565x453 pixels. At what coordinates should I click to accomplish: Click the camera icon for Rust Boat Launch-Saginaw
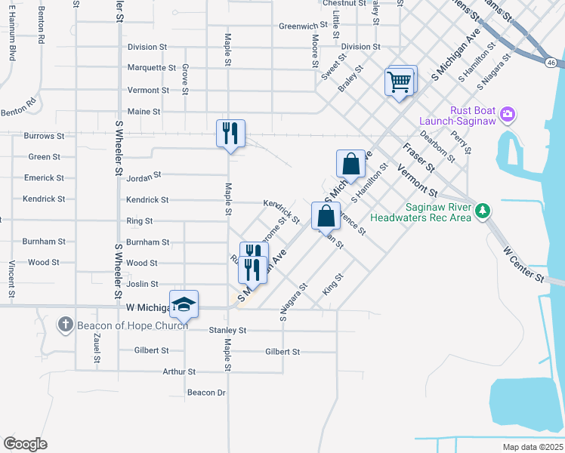508,115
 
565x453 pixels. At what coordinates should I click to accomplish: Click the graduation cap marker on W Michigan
184,304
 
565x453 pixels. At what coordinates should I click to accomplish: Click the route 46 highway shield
552,63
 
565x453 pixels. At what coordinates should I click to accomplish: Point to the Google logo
25,444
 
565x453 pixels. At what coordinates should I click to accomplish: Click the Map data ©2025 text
533,447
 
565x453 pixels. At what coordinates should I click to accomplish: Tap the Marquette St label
151,68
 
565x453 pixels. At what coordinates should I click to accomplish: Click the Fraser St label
418,156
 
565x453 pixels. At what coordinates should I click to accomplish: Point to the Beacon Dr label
206,393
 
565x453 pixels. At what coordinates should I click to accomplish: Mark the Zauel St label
97,350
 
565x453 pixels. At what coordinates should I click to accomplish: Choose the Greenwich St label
302,26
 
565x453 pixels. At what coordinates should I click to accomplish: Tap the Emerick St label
44,178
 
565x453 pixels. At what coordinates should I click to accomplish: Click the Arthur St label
179,372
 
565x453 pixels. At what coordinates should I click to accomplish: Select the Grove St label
185,79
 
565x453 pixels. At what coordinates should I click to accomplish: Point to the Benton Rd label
18,106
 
